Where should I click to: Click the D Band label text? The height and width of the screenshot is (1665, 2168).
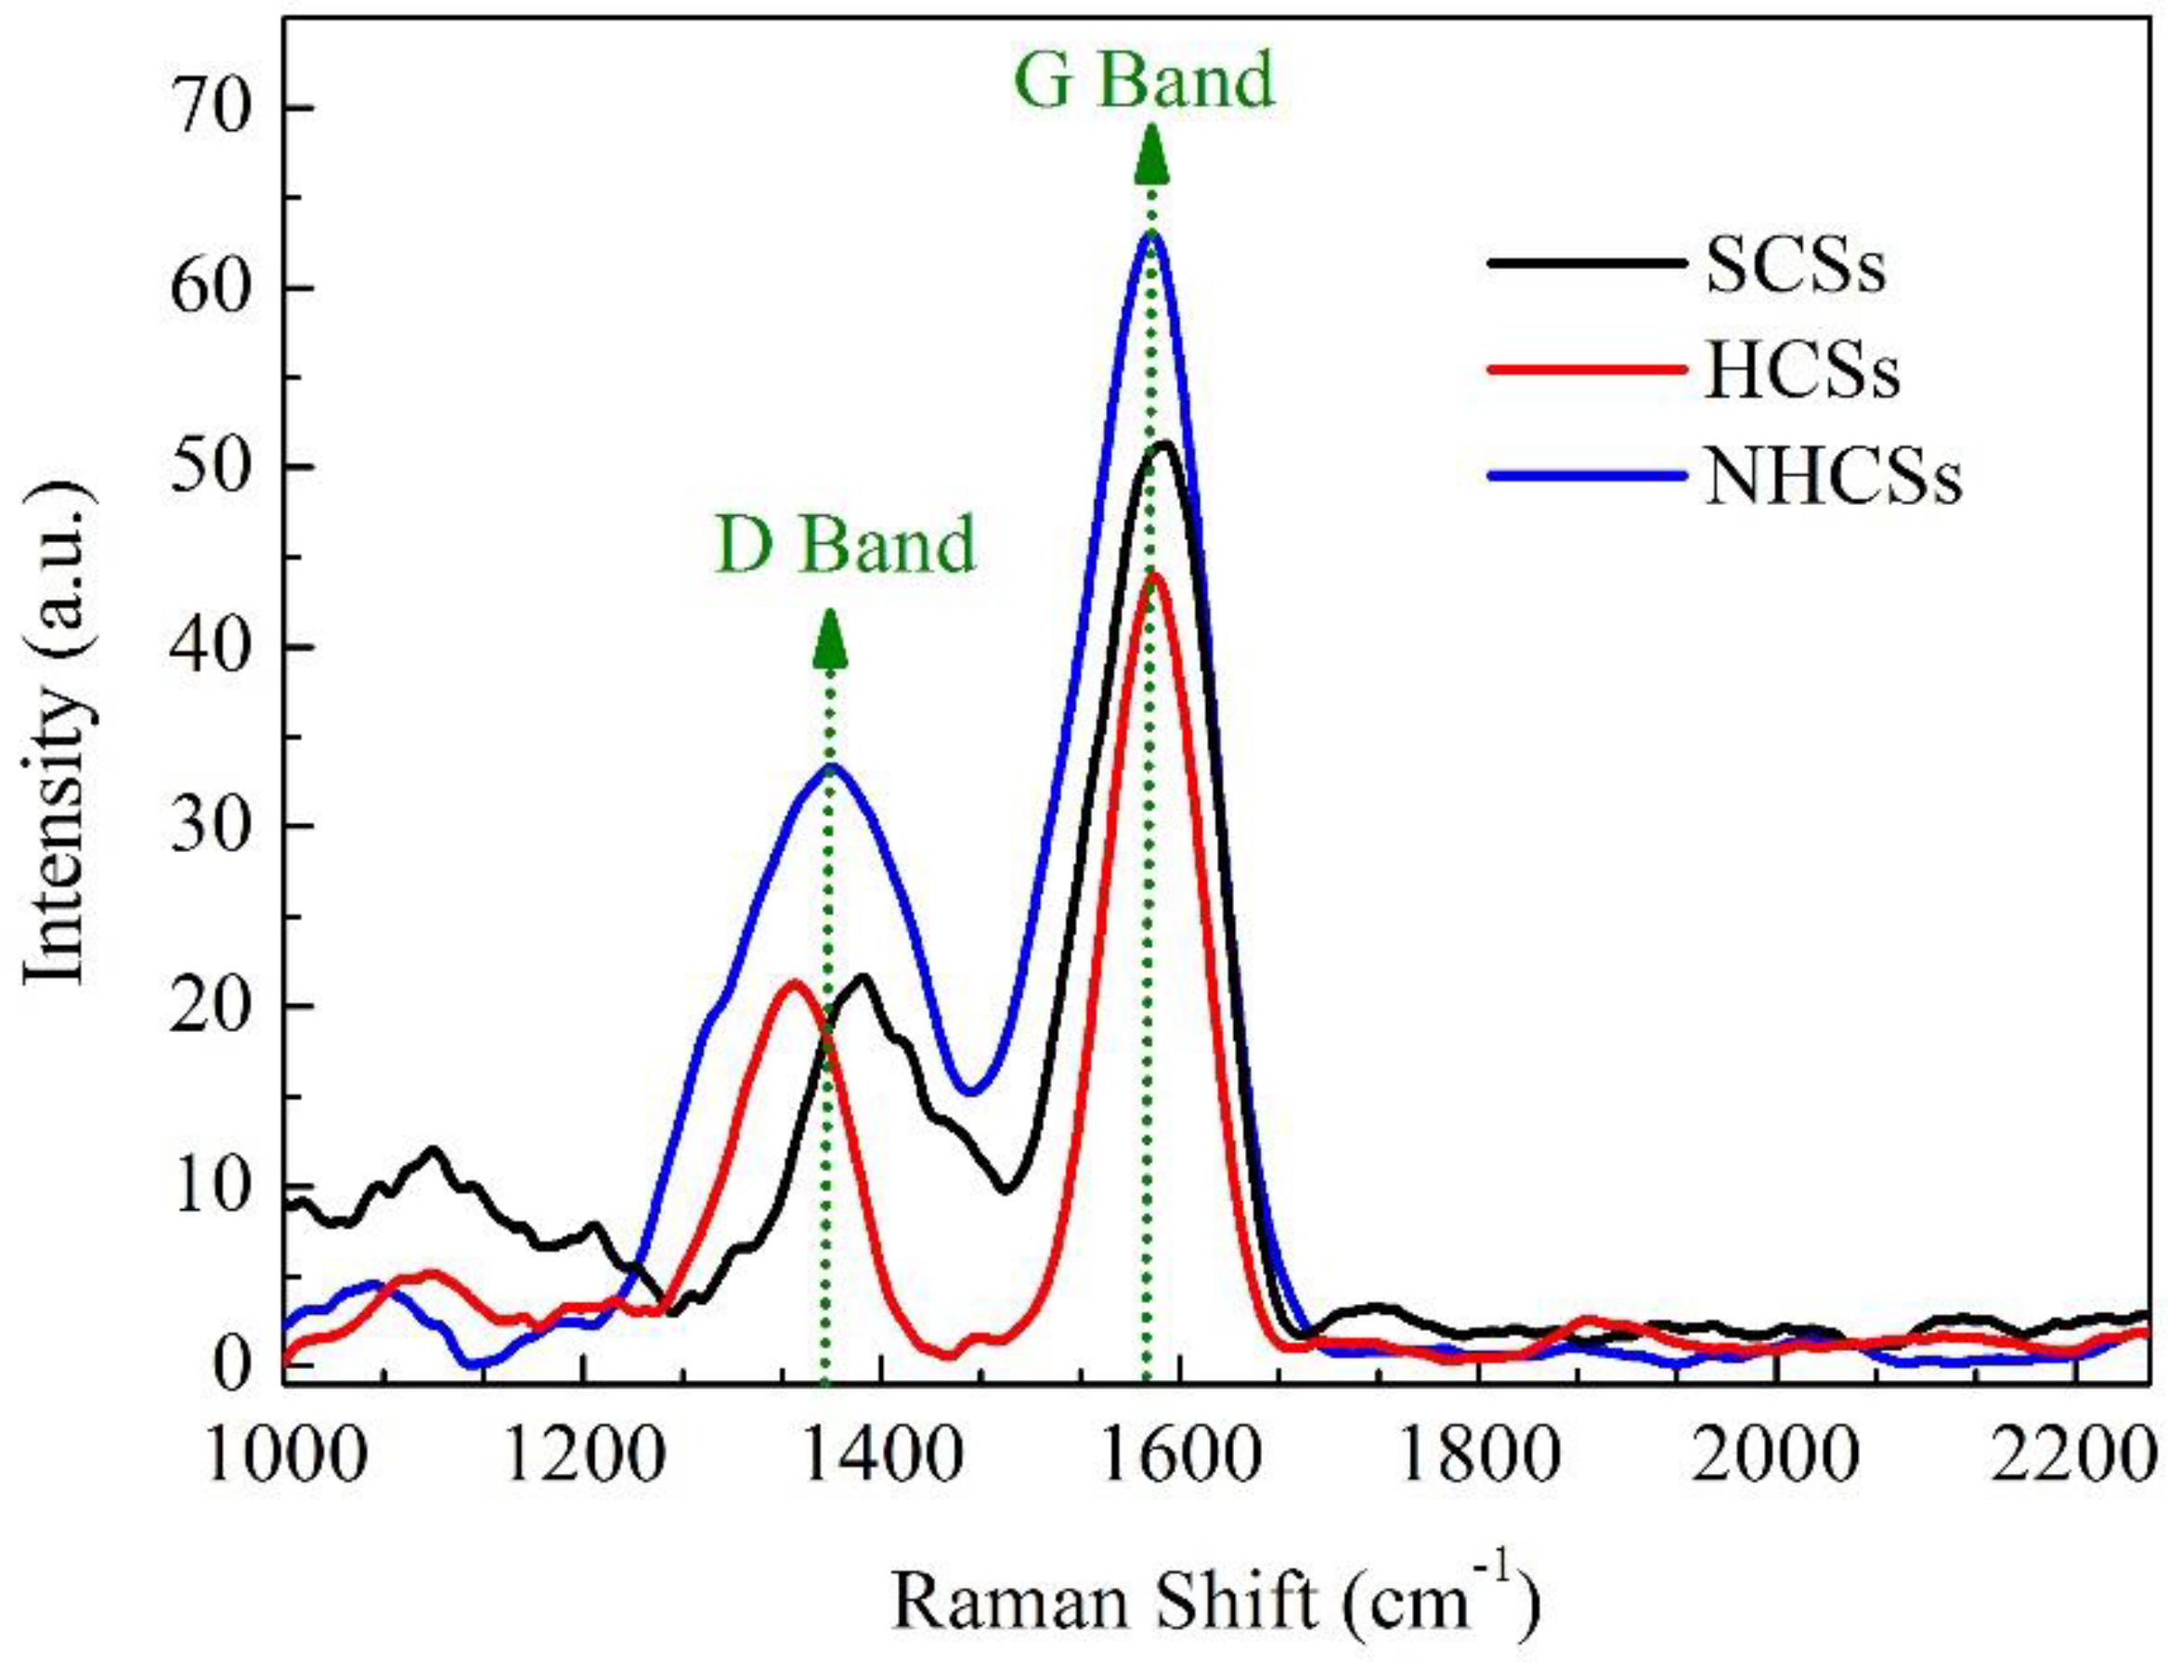[845, 545]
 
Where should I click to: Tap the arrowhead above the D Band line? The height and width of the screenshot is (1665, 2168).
[831, 639]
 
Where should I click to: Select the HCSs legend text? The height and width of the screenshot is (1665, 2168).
[1801, 369]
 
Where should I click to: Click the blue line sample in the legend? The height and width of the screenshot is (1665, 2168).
[1587, 476]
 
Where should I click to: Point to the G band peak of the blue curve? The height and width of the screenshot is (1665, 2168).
[1151, 232]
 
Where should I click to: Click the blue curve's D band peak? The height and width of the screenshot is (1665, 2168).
[833, 765]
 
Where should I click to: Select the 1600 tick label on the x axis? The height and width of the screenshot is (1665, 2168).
[1177, 1459]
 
